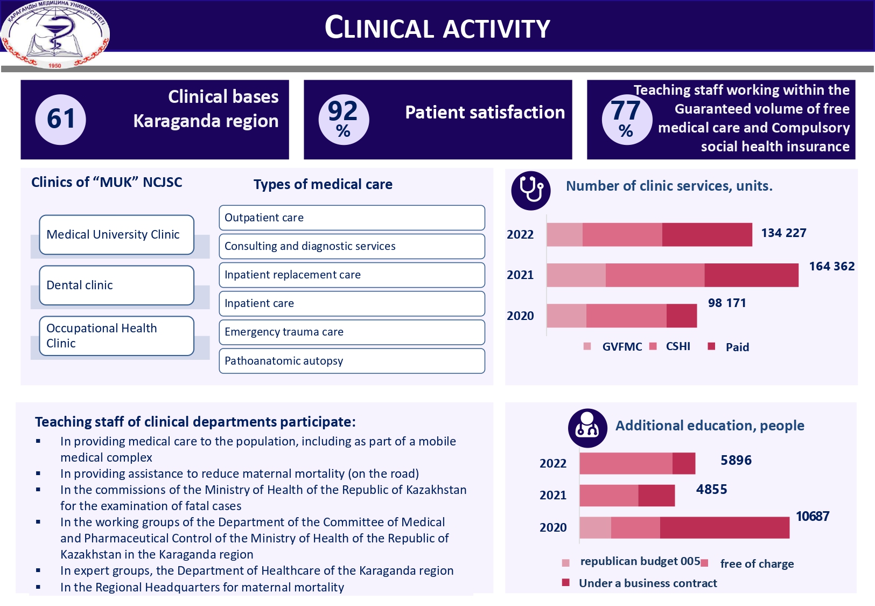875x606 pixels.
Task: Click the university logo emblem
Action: point(55,33)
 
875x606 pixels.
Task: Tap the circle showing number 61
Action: point(60,119)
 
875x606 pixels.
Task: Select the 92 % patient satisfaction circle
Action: point(344,119)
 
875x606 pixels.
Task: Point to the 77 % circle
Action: point(626,119)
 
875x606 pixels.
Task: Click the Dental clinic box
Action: point(116,285)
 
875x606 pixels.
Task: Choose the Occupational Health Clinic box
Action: point(116,336)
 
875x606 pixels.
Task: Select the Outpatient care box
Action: point(352,218)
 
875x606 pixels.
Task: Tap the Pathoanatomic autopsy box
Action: point(352,361)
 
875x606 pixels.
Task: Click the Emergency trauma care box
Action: point(352,332)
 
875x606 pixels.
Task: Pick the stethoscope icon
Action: point(530,190)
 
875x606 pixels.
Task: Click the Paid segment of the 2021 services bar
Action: point(751,275)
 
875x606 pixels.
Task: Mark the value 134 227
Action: point(783,233)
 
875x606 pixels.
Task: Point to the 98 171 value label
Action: point(727,303)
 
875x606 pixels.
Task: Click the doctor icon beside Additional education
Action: point(587,428)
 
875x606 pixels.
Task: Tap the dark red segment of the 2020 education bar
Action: point(724,527)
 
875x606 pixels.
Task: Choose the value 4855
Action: point(711,489)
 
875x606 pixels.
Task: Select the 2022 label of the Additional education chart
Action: point(553,463)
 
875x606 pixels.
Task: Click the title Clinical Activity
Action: point(437,28)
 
